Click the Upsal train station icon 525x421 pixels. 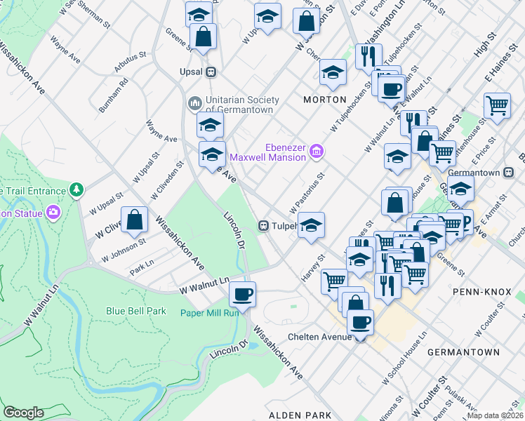point(209,72)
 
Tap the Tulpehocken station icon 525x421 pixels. point(265,226)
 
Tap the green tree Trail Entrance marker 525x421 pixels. point(76,189)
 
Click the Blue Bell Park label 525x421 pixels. point(136,311)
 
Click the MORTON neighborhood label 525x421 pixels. point(324,100)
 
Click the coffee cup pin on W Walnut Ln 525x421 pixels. point(243,295)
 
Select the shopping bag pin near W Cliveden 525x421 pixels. point(135,220)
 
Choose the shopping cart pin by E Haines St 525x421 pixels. point(497,106)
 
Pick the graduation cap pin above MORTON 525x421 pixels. point(333,72)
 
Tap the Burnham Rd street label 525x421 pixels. point(112,95)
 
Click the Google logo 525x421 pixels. point(23,412)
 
